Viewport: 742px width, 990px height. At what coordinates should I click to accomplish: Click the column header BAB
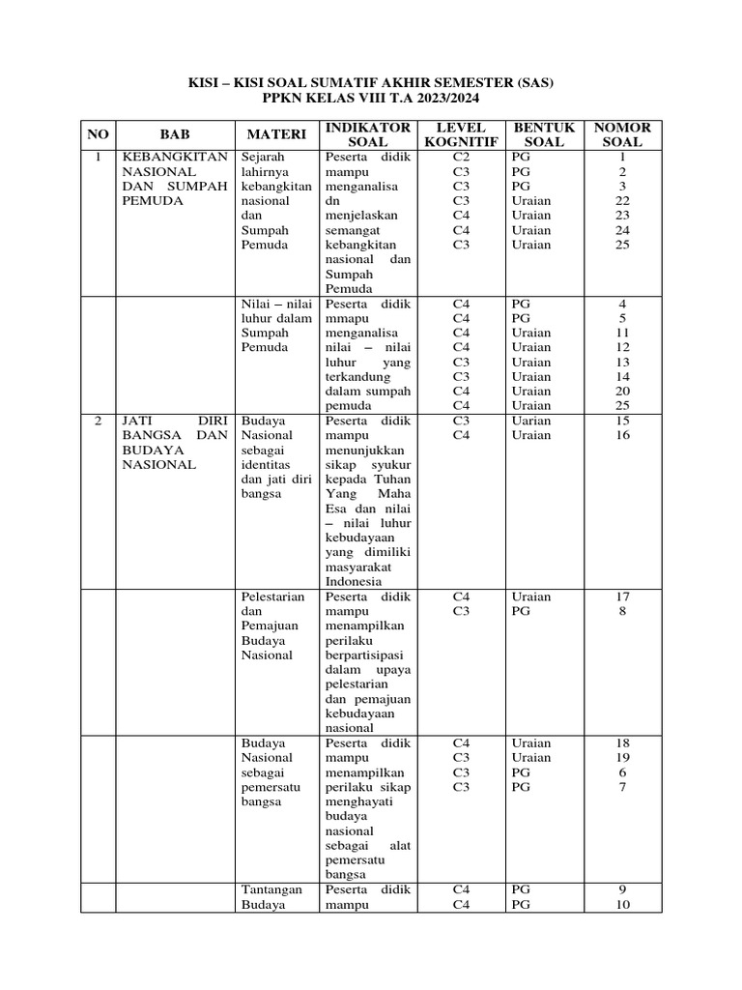[175, 134]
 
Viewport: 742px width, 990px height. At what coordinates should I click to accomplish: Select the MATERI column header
[276, 134]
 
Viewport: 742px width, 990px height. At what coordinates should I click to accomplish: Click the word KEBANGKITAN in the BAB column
[175, 157]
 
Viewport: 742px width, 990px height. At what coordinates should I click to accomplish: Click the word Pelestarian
[273, 597]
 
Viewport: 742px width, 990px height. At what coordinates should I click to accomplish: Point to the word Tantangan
[272, 889]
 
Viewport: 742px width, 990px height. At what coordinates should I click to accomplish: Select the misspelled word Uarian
[531, 421]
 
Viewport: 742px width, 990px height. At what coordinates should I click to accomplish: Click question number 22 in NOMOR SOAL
[623, 201]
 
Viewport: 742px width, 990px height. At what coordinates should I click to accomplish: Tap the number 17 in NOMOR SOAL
[623, 597]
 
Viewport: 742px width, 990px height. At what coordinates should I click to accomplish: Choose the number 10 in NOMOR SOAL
[623, 905]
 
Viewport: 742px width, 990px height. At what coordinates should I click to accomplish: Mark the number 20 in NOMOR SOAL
[623, 392]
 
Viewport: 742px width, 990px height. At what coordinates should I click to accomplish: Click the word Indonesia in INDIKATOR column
[355, 582]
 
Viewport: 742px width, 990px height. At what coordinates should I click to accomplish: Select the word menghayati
[359, 801]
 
